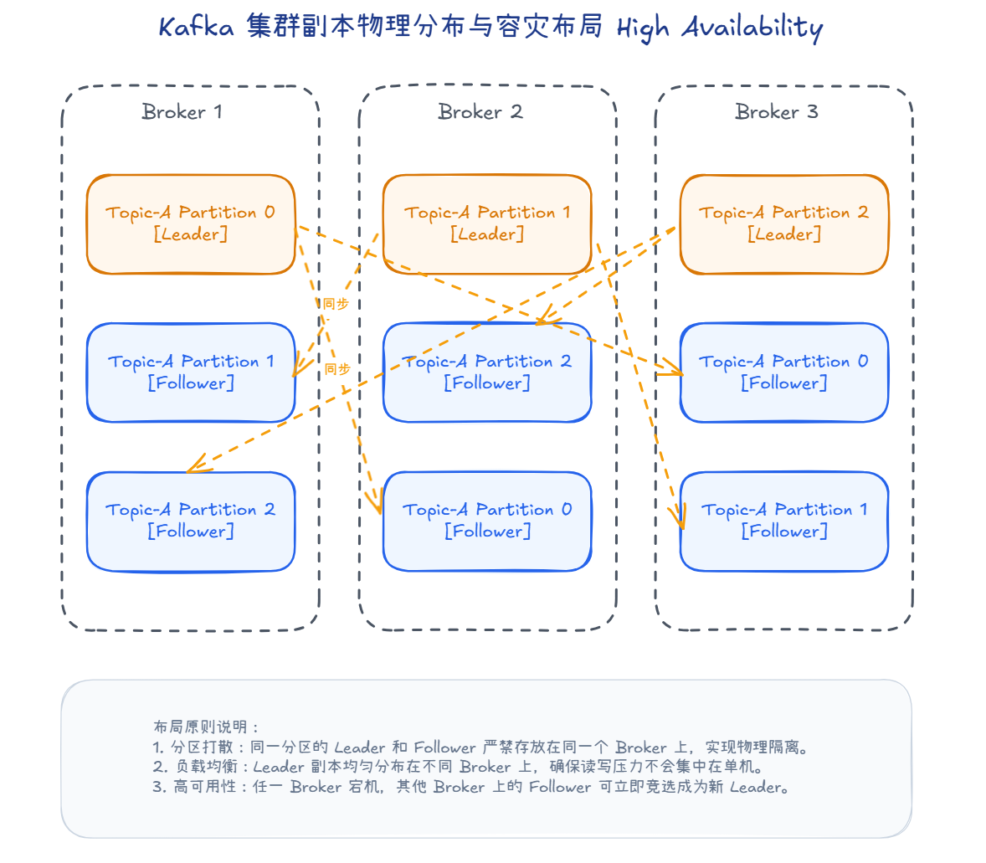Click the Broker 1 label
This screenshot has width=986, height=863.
[x=182, y=111]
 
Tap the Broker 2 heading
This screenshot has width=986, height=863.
[x=480, y=111]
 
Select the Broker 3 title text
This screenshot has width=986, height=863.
[x=776, y=111]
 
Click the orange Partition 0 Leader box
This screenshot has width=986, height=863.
[x=191, y=224]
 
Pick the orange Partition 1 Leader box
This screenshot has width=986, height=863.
[x=487, y=224]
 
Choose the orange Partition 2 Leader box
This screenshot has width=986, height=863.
[x=783, y=224]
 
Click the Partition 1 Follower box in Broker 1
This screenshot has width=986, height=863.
[x=191, y=372]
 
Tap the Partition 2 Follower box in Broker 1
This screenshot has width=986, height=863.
[x=191, y=521]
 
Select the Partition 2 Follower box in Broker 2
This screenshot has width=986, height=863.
[x=487, y=372]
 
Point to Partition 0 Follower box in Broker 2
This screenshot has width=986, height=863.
[x=487, y=521]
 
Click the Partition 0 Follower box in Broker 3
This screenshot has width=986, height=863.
[x=783, y=372]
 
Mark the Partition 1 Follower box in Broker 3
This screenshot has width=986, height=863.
[x=783, y=521]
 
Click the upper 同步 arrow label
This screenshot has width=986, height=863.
[x=336, y=304]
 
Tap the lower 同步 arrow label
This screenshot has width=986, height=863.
[x=337, y=369]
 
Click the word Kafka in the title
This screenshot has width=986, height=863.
[x=196, y=28]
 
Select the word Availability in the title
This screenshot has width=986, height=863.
[x=752, y=28]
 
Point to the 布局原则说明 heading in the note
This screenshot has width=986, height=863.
[x=206, y=727]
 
